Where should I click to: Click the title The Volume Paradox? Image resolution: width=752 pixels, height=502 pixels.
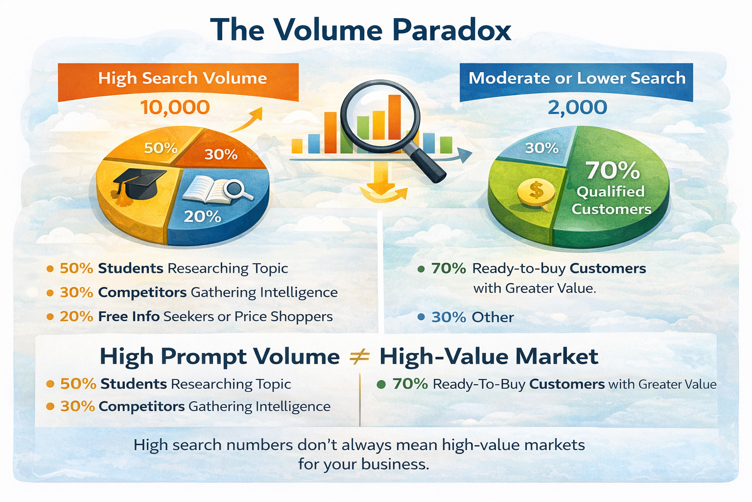[x=361, y=30]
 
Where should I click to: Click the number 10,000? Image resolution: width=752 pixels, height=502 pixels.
[x=175, y=107]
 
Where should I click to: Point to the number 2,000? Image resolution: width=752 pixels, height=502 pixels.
[x=577, y=107]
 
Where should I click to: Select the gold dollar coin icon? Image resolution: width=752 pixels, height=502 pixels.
[x=536, y=192]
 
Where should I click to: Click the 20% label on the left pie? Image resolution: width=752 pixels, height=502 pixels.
[x=202, y=216]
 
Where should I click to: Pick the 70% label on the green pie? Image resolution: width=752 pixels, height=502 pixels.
[x=612, y=171]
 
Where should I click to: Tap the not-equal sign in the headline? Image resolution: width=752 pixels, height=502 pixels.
[x=359, y=357]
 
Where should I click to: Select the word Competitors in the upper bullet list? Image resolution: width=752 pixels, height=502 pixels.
[x=142, y=293]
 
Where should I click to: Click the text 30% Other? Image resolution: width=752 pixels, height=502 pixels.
[x=472, y=317]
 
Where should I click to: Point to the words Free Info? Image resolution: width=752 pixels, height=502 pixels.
[x=129, y=317]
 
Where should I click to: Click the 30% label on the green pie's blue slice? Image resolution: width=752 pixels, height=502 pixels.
[x=541, y=148]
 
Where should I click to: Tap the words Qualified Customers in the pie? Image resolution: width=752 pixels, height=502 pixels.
[x=611, y=200]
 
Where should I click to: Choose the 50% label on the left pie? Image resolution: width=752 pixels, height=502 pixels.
[x=161, y=148]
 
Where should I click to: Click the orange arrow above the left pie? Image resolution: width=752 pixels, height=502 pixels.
[x=247, y=120]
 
